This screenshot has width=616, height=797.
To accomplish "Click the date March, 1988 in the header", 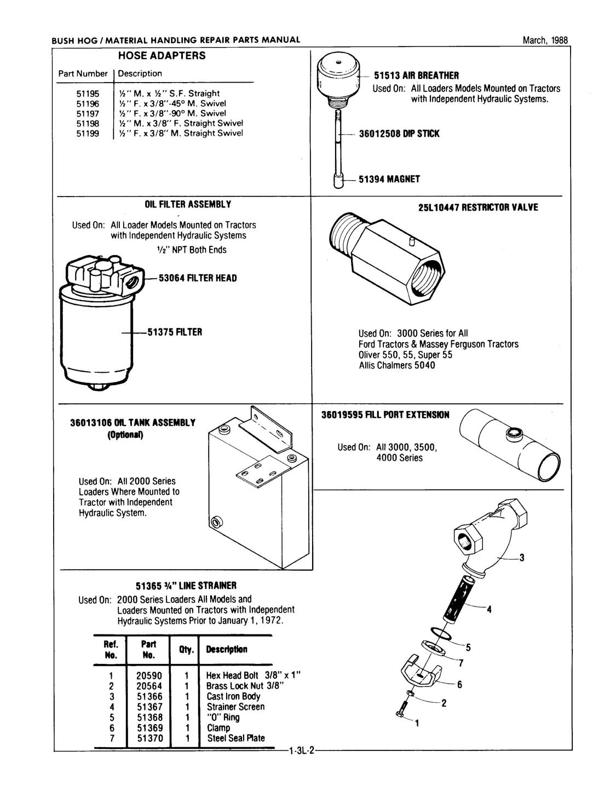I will pos(545,40).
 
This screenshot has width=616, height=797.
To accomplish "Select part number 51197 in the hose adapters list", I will pos(88,113).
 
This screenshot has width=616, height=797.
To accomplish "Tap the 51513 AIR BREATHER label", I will pos(416,76).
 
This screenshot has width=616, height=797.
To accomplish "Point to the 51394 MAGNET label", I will pos(389,179).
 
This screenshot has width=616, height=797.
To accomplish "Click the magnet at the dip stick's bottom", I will pos(338,181).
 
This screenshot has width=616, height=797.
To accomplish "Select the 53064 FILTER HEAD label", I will pos(198,278).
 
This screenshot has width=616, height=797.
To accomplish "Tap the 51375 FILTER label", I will pos(175,332).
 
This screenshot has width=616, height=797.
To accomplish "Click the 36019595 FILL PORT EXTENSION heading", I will pos(385,415).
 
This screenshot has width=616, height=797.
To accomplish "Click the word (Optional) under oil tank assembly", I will pos(125,436).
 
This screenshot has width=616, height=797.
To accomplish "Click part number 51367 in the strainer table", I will pos(149,707).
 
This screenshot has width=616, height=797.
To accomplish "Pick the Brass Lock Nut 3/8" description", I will pos(244,686).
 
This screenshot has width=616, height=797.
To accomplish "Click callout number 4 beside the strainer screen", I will pos(489,609).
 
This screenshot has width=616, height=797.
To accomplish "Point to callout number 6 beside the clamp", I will pos(459,684).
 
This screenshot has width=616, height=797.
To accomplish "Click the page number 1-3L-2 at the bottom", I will pos(300,752).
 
